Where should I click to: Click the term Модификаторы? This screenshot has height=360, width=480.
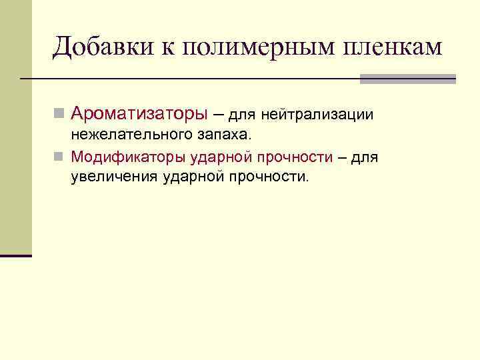click(x=127, y=157)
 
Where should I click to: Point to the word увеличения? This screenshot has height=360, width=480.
click(x=113, y=177)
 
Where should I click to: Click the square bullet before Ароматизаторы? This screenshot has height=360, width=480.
click(x=59, y=115)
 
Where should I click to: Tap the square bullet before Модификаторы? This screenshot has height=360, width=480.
click(x=59, y=158)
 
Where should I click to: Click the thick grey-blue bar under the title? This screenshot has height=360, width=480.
click(x=408, y=79)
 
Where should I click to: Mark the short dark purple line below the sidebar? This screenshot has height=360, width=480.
click(x=16, y=255)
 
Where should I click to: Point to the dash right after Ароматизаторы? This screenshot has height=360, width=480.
click(x=217, y=115)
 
